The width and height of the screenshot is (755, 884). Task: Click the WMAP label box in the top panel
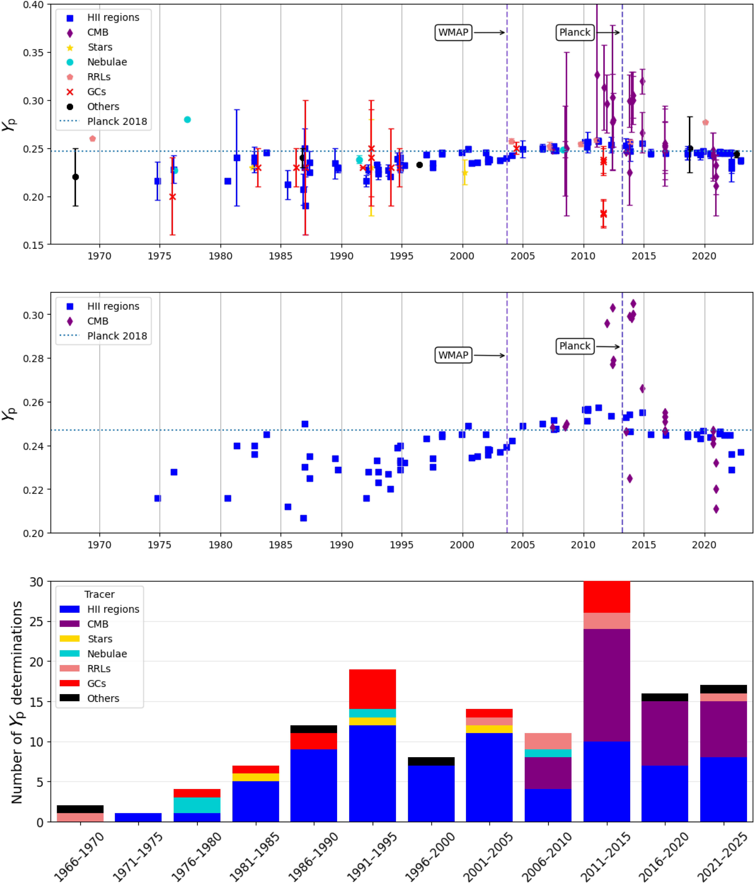pyautogui.click(x=453, y=32)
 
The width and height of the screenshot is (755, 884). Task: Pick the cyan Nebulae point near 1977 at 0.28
pyautogui.click(x=187, y=119)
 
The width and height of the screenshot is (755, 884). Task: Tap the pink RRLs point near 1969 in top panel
pyautogui.click(x=93, y=139)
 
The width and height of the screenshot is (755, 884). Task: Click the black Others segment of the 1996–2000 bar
pyautogui.click(x=431, y=762)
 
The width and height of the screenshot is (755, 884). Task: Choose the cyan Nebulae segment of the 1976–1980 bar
pyautogui.click(x=197, y=805)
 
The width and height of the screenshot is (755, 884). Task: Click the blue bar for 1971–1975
pyautogui.click(x=138, y=817)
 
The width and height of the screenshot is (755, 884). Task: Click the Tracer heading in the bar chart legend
pyautogui.click(x=99, y=594)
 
